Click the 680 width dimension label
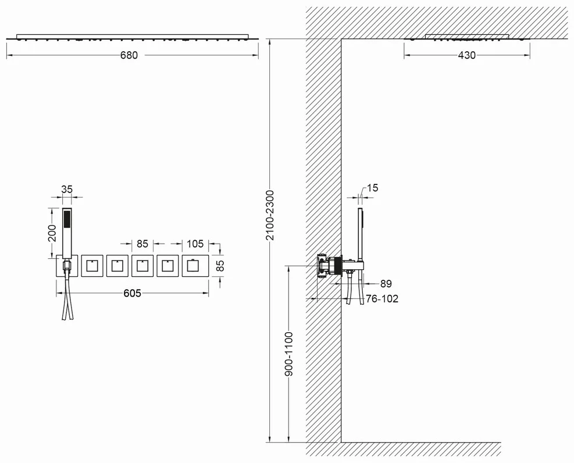(129, 55)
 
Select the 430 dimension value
(467, 55)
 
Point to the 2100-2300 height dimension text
(270, 215)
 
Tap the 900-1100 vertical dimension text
(289, 354)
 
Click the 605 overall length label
(132, 293)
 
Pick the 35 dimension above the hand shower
(67, 189)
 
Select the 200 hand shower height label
(52, 233)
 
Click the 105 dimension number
(195, 243)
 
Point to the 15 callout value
(372, 188)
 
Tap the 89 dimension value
(386, 284)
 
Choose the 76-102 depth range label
(382, 299)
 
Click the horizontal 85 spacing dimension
(142, 243)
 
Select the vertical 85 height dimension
(220, 266)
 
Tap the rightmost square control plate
(195, 266)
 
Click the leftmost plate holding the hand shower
(67, 266)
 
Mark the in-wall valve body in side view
(330, 265)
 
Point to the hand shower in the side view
(361, 238)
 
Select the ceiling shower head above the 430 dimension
(467, 37)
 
